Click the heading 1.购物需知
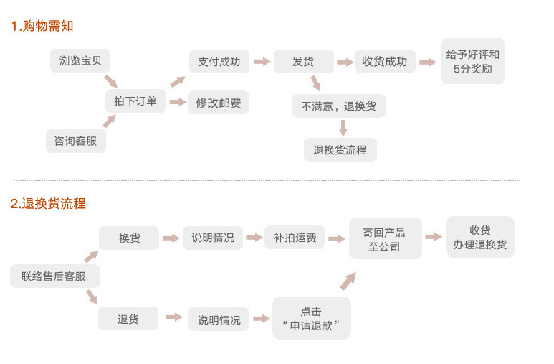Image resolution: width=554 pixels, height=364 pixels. (42, 26)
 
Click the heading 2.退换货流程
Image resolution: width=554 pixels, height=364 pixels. (48, 203)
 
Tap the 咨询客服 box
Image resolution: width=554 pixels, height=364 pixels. (75, 141)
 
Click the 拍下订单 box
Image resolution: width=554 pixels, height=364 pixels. (135, 101)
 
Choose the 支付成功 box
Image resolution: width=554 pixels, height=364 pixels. (219, 61)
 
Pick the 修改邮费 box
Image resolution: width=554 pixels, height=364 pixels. (219, 103)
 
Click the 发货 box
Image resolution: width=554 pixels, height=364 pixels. (303, 62)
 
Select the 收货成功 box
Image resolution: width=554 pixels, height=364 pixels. (385, 62)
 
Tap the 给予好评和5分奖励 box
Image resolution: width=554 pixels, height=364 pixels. (472, 62)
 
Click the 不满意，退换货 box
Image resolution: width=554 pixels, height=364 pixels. (339, 106)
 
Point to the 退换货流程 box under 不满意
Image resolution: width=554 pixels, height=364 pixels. (340, 149)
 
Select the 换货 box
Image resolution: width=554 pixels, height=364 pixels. (129, 238)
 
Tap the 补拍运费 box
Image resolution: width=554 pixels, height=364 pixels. (295, 238)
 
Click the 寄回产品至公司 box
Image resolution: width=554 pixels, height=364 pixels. (385, 239)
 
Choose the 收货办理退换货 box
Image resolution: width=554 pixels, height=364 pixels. (480, 237)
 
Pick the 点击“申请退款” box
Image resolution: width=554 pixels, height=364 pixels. (312, 318)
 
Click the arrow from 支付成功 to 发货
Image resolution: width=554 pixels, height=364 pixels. (262, 62)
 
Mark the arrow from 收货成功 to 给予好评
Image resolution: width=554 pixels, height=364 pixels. (428, 62)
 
